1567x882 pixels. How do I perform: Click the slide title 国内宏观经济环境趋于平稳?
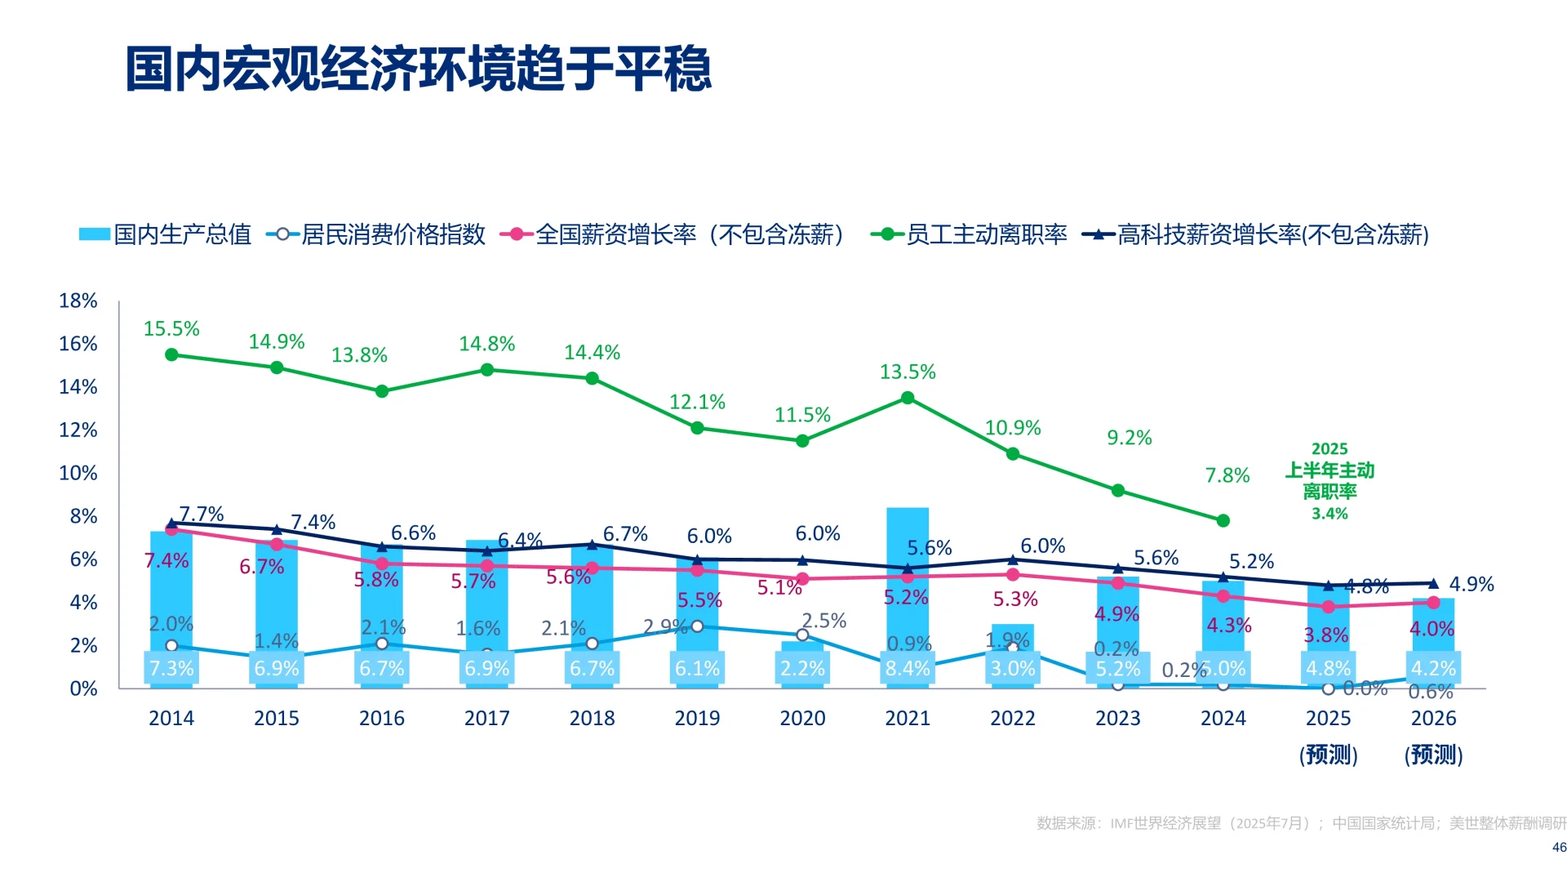pos(418,69)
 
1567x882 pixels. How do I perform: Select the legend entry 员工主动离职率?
pos(986,234)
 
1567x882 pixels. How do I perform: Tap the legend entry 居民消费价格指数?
pos(393,234)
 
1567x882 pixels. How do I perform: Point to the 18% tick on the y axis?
pos(78,301)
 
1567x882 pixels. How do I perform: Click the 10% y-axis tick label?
pos(78,473)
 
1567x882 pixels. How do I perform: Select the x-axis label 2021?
pos(908,718)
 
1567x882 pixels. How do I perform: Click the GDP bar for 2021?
pos(908,572)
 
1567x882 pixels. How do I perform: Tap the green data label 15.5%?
pos(171,328)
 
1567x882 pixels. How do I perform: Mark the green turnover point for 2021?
pos(908,398)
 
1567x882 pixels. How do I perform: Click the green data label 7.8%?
pos(1227,475)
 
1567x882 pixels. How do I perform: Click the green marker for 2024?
pos(1223,520)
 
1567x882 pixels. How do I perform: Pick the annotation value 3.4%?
pos(1330,514)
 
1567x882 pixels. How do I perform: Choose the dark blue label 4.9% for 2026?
pos(1471,584)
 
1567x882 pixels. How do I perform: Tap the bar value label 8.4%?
pos(908,668)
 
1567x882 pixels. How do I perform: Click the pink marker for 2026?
pos(1433,602)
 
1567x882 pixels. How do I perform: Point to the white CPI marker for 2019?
pos(697,626)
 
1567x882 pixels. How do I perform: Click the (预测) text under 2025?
pos(1329,754)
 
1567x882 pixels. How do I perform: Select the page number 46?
pos(1559,847)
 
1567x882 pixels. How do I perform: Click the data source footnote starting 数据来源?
pos(1301,823)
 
